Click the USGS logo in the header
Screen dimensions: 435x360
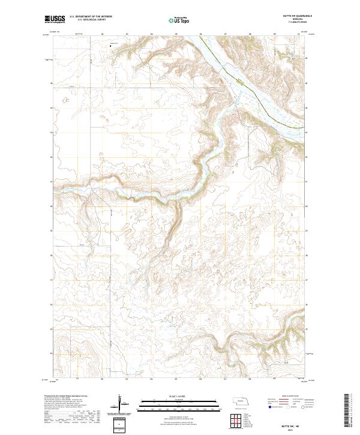pos(55,20)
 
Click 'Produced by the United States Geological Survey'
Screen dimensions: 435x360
pos(66,397)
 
